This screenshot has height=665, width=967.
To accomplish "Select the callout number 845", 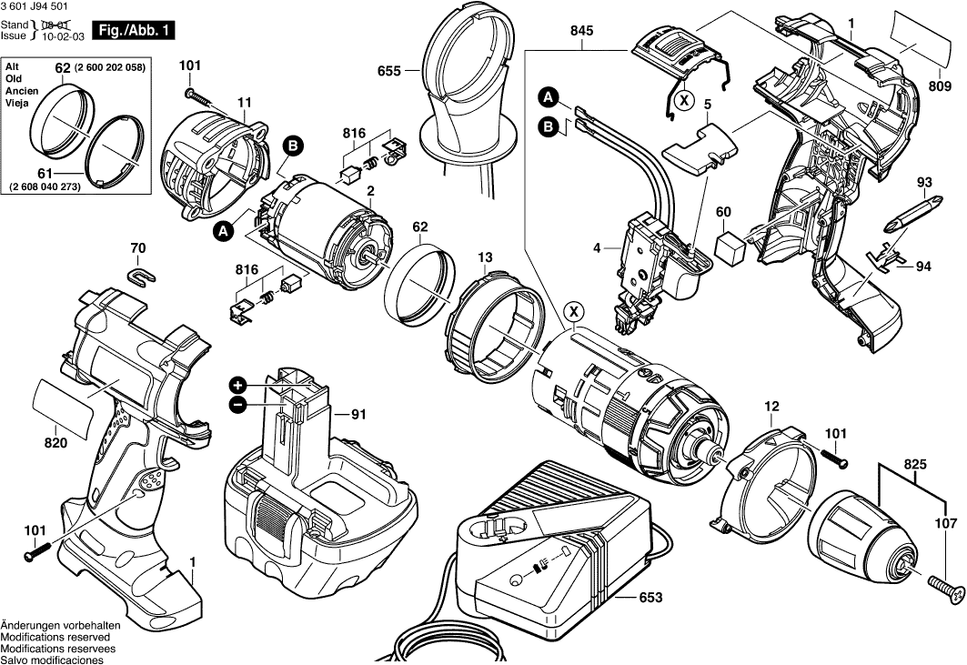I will pos(582,31).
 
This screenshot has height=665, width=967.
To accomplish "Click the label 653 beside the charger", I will pos(650,598).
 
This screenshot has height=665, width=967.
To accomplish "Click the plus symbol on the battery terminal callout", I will pos(237,385).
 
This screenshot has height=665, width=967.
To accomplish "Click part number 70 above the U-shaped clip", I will pos(137,247).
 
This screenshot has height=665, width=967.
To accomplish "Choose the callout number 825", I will pos(916,465).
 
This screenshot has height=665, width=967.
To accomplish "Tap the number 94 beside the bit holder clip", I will pos(923,267).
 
